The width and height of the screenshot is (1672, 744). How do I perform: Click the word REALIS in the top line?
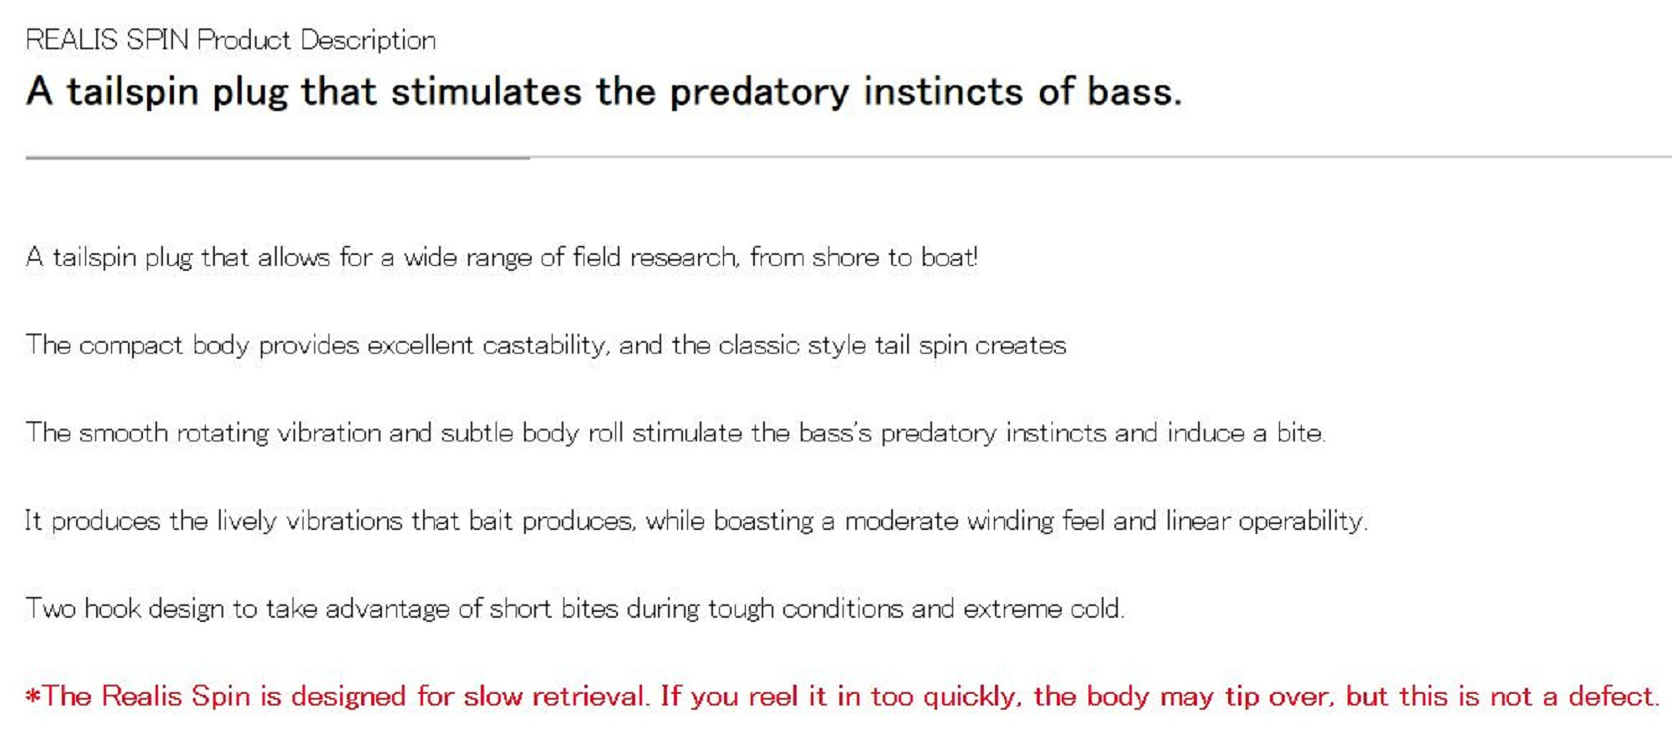point(72,40)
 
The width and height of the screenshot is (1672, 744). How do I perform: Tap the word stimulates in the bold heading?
point(486,91)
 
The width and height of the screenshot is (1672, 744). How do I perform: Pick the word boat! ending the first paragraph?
point(949,257)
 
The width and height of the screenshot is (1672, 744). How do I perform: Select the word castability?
point(545,346)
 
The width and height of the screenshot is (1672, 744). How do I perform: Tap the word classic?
point(758,345)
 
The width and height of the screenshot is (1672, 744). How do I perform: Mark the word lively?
point(247,522)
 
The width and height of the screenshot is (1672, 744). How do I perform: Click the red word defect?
point(1613,696)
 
